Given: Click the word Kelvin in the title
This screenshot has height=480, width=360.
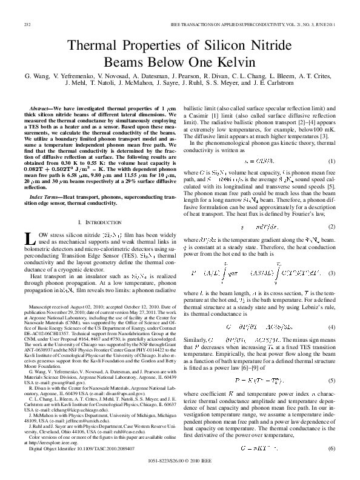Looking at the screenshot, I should [x=242, y=61].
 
